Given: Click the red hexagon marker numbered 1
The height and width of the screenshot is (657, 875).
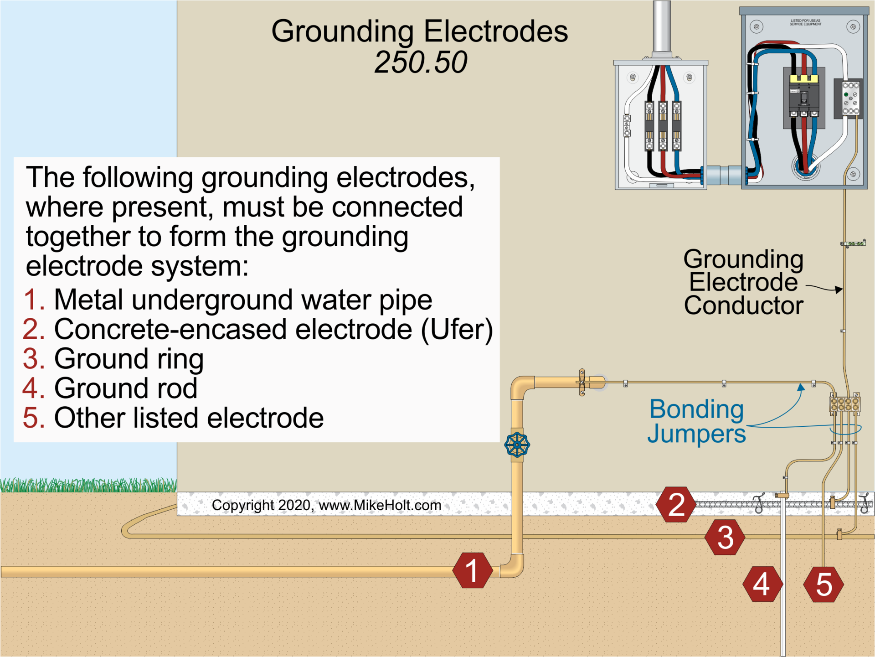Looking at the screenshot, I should point(473,570).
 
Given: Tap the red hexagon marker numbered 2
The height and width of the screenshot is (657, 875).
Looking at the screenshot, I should point(676,504).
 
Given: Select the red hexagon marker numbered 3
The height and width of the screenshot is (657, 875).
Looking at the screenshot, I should point(725,537).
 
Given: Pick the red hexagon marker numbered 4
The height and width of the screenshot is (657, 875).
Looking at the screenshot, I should point(762,584).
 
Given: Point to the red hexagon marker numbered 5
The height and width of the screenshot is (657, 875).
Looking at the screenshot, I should point(823,584).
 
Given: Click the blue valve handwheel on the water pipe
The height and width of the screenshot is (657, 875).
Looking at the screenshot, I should point(517,445).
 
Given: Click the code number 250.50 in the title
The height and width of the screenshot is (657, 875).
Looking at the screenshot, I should point(420,62).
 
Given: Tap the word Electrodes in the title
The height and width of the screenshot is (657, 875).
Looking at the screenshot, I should point(495,31).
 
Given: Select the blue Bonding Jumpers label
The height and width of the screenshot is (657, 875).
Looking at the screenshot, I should point(696,421).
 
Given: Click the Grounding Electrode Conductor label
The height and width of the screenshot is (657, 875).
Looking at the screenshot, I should point(743,282).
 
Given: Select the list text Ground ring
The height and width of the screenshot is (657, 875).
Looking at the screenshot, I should point(129,359).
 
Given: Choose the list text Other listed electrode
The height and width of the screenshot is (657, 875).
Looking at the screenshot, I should point(189,418).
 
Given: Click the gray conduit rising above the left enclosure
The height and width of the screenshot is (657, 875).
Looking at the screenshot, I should point(661,27).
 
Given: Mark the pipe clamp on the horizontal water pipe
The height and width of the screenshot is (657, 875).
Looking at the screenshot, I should point(582,382).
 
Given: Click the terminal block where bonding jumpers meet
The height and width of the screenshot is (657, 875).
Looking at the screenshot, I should point(844,404).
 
